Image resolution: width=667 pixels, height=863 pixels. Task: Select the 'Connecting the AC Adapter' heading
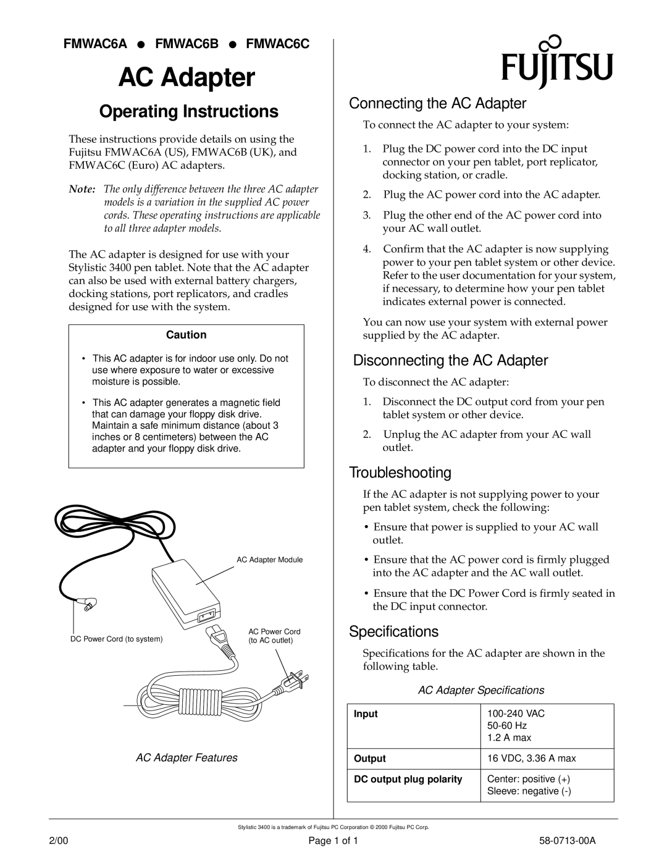coord(438,103)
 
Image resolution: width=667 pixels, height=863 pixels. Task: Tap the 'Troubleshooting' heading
coord(400,473)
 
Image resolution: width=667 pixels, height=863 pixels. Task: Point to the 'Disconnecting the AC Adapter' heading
coord(450,360)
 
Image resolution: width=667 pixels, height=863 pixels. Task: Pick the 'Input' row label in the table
coord(365,714)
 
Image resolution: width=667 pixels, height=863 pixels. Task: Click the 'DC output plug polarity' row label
coord(407,780)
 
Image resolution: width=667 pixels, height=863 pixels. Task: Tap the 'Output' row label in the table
coord(369,759)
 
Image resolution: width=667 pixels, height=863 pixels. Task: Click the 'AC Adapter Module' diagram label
coord(270,560)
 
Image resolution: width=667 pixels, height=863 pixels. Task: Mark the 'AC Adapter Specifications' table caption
coord(481,689)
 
